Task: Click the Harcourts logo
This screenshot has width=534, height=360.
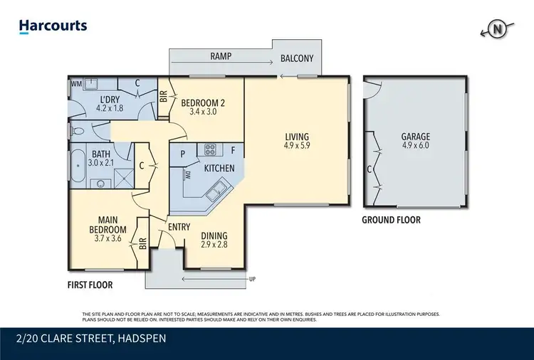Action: (53, 26)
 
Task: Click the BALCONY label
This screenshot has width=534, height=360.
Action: (297, 58)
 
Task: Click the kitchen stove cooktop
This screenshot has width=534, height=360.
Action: (211, 150)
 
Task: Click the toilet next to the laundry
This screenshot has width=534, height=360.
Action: (78, 131)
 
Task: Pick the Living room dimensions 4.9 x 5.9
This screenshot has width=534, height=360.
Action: (298, 147)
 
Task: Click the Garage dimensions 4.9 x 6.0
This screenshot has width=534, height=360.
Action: (415, 147)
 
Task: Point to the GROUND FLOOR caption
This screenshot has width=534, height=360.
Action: (391, 220)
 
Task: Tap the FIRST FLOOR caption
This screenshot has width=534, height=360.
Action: (90, 284)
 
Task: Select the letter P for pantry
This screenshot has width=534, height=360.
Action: (182, 153)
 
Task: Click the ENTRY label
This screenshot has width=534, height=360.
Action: (178, 226)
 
